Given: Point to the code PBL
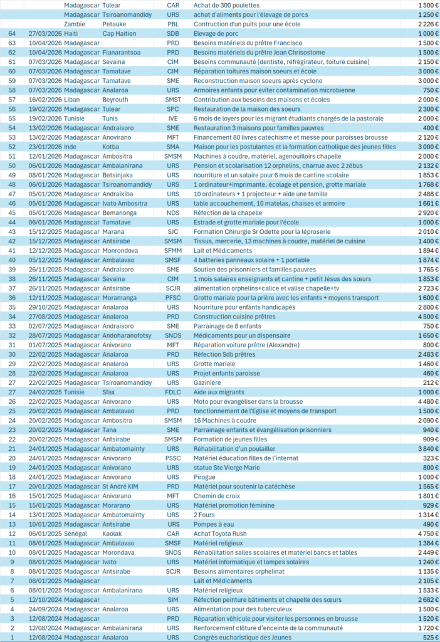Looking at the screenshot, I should tap(172, 24).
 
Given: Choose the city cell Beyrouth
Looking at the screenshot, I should tap(115, 100).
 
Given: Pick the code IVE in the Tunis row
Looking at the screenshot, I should tap(172, 118).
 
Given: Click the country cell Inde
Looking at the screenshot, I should tap(71, 147).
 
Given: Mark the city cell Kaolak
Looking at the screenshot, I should tap(113, 534).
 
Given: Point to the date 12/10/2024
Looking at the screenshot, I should tap(45, 599).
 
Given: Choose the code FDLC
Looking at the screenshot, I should tap(172, 392).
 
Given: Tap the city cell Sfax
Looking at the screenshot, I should tap(110, 392).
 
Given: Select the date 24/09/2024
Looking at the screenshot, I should tap(45, 609).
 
